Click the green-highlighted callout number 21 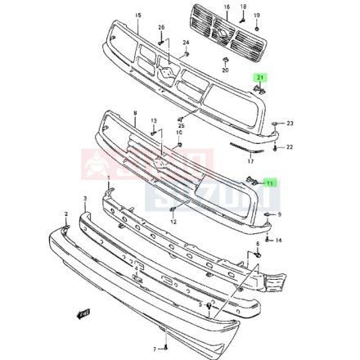click(x=261, y=77)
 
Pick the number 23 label click(x=290, y=124)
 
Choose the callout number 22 click(x=290, y=148)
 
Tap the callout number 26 click(x=161, y=28)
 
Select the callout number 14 click(x=279, y=240)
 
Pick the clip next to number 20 click(x=225, y=61)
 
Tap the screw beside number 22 click(x=274, y=148)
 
